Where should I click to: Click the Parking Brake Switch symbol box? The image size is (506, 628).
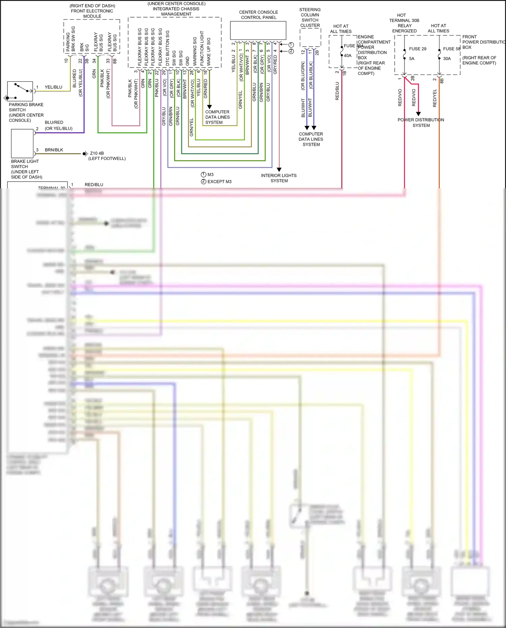point(20,91)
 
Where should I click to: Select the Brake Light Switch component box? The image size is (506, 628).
point(22,143)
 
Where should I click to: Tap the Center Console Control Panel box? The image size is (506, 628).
point(258,30)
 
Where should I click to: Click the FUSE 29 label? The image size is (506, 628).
point(418,49)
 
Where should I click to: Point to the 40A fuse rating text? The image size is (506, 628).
point(347,56)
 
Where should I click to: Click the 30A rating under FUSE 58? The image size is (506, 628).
point(447,59)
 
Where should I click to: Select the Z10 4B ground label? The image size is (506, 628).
point(97,153)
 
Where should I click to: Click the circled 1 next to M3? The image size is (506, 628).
point(203,174)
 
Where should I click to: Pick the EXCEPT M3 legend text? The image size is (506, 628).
point(219,182)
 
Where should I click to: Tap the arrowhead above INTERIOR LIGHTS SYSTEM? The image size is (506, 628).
point(279,169)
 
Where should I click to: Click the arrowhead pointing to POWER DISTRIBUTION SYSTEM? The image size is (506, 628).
point(418,114)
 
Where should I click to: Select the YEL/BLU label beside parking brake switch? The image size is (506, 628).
point(53,87)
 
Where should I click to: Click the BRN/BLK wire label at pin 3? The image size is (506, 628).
point(54,150)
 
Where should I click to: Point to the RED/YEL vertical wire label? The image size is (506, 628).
point(434,98)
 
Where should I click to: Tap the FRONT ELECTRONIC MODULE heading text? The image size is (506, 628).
point(92,13)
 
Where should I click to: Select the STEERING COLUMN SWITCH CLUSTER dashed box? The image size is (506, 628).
point(310,37)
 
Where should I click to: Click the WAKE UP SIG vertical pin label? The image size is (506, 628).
point(208,51)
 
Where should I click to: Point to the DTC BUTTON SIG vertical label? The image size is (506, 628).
point(167,48)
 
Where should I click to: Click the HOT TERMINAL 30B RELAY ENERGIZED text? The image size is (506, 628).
point(404,23)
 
